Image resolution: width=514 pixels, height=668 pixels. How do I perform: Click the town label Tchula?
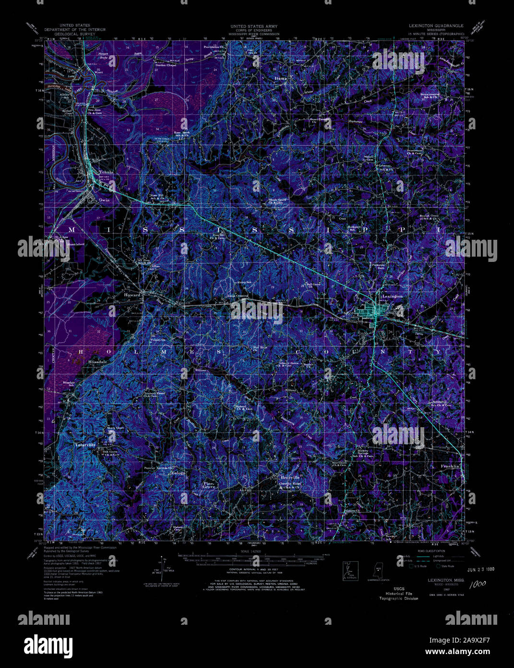pyautogui.click(x=106, y=173)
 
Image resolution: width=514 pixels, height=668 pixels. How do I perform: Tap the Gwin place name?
pyautogui.click(x=104, y=199)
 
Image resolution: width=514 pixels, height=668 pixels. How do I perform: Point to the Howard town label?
pyautogui.click(x=132, y=295)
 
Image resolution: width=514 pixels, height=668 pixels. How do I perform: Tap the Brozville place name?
pyautogui.click(x=290, y=477)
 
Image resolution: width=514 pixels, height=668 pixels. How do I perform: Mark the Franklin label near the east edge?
pyautogui.click(x=450, y=466)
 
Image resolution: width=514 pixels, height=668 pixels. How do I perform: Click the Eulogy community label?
pyautogui.click(x=178, y=473)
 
